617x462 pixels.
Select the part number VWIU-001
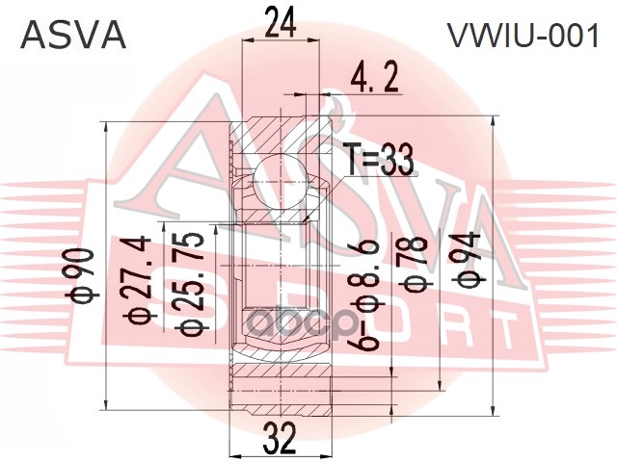(522, 37)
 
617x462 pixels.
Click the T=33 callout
(379, 160)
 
